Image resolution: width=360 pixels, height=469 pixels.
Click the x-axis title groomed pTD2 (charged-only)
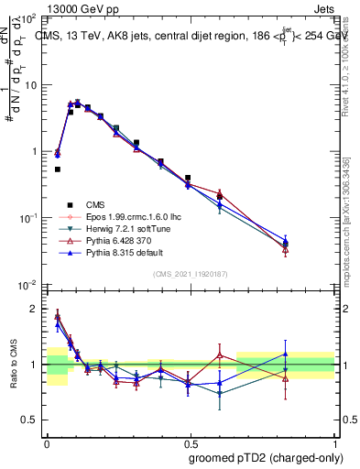click(x=266, y=458)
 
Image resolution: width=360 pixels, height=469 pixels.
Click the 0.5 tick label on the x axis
click(x=191, y=442)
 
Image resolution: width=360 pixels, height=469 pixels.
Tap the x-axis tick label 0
click(x=48, y=442)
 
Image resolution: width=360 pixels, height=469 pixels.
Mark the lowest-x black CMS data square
click(x=58, y=169)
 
